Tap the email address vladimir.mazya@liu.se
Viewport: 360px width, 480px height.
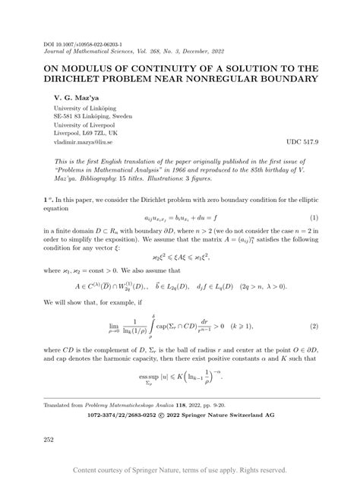tap(84, 142)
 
